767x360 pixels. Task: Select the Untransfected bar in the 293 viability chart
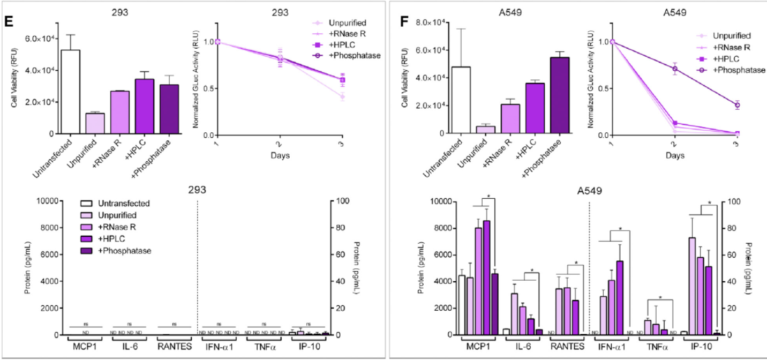pyautogui.click(x=71, y=92)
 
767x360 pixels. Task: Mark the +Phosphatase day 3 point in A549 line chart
pyautogui.click(x=737, y=105)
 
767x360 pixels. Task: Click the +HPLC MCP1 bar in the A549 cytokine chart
pyautogui.click(x=486, y=277)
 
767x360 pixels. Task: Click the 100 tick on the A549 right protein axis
pyautogui.click(x=730, y=202)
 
